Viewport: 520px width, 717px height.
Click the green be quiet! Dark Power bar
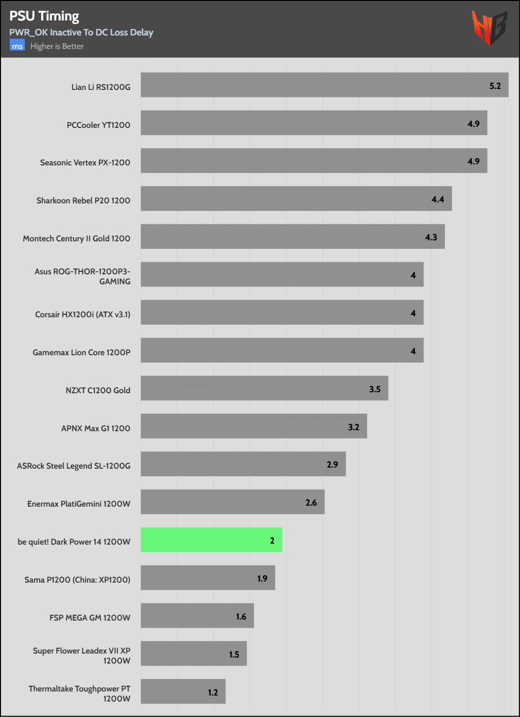tap(211, 540)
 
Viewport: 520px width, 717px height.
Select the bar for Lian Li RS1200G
tap(324, 85)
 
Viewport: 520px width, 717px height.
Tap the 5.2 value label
tap(495, 86)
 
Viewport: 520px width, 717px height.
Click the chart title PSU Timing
tap(44, 16)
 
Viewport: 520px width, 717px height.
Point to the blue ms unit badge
tap(17, 46)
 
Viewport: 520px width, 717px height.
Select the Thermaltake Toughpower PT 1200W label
tap(79, 694)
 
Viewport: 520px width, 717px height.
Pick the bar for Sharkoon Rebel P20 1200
tap(296, 198)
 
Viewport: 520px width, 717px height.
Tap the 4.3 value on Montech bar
tap(431, 237)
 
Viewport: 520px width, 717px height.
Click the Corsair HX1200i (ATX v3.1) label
tap(82, 314)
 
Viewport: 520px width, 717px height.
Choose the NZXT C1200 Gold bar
tap(264, 388)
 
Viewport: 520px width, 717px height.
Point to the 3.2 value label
tap(353, 427)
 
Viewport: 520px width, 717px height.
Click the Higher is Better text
tap(57, 46)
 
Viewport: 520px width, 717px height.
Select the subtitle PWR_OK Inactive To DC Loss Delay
tap(81, 32)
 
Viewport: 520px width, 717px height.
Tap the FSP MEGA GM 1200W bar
tap(197, 616)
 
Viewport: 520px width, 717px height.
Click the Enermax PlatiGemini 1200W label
tap(78, 504)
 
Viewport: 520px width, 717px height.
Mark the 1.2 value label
tap(213, 693)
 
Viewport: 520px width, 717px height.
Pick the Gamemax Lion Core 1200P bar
tap(282, 350)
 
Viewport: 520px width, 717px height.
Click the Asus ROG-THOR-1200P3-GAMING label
tap(82, 276)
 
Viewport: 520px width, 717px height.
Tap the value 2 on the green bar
tap(272, 541)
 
